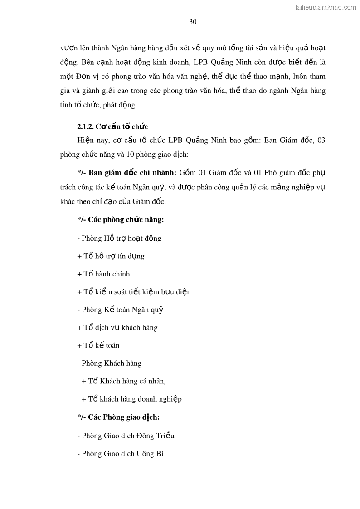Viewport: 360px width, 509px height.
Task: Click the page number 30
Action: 193,22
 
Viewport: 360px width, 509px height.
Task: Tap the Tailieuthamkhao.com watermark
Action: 325,7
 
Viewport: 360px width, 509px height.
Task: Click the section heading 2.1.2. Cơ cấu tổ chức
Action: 112,126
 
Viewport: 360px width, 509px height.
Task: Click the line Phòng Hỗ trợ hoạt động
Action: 119,238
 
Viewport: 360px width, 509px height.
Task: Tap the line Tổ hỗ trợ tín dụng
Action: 111,256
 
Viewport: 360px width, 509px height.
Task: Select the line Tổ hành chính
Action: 103,274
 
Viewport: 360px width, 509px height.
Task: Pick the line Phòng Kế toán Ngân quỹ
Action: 120,310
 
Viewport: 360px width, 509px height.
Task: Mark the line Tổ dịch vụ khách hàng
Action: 117,327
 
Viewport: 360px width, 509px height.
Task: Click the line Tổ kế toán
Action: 98,345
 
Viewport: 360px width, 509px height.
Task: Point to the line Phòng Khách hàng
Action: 109,363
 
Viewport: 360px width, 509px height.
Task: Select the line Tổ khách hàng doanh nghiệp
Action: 131,399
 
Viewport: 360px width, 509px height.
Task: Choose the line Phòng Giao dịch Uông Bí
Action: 120,453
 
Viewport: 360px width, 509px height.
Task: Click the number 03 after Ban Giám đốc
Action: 321,140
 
